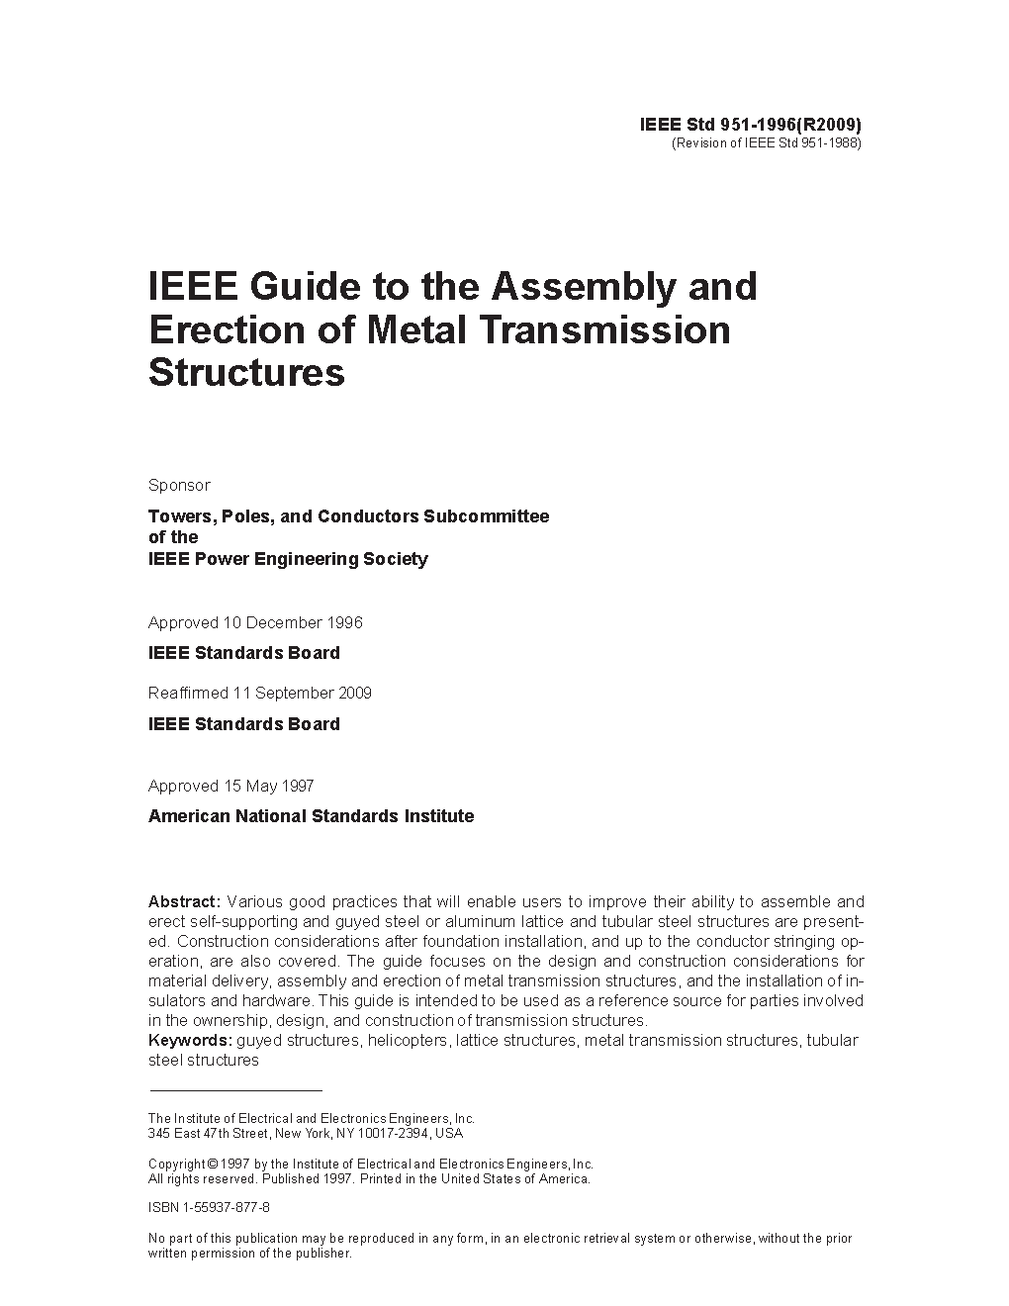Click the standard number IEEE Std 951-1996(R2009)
coord(751,125)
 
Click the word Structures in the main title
coord(246,373)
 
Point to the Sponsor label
coord(179,485)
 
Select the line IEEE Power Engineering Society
coord(288,559)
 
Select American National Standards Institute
coord(311,816)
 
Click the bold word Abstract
coord(184,901)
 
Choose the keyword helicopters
coord(408,1040)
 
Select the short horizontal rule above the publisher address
coord(234,1090)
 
